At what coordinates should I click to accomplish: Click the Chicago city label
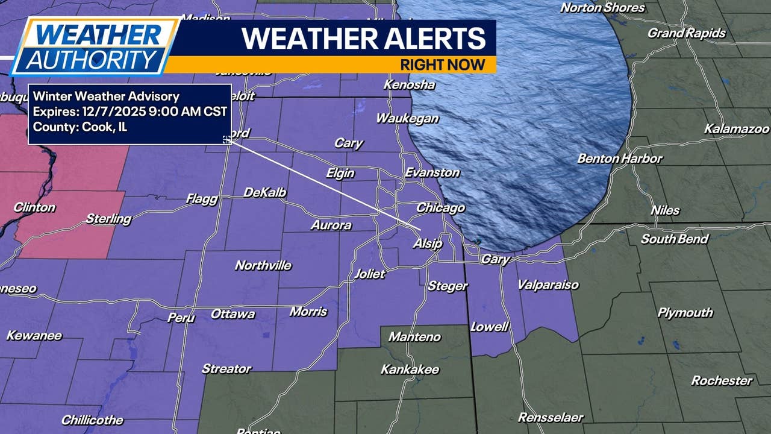click(441, 208)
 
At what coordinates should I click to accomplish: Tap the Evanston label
click(432, 173)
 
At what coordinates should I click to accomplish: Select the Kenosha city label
click(409, 85)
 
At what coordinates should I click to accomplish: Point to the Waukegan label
click(407, 119)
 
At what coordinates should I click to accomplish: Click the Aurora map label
click(331, 225)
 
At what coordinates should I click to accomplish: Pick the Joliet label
click(369, 274)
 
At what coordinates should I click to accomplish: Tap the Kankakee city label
click(410, 370)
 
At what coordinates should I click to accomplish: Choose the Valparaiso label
click(548, 285)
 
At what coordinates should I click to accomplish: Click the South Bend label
click(674, 239)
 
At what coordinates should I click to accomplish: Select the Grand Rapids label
click(686, 33)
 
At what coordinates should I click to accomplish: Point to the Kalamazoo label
click(737, 129)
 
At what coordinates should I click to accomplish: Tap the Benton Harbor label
click(619, 159)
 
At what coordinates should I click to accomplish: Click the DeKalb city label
click(264, 193)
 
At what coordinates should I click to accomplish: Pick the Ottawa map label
click(233, 314)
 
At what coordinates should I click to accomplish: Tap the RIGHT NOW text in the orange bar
click(442, 64)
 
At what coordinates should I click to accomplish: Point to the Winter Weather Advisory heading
click(106, 96)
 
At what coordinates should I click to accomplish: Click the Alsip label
click(427, 244)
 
